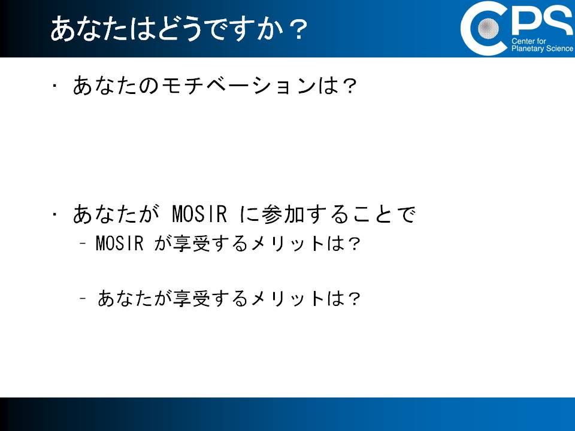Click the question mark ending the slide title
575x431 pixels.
coord(299,30)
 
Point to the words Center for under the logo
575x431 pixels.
coord(528,41)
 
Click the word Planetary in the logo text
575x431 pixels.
coord(528,48)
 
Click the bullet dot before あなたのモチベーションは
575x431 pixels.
coord(55,86)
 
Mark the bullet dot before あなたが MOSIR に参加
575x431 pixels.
coord(55,214)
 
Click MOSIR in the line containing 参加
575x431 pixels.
coord(199,214)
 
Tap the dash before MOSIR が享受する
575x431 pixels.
coord(83,243)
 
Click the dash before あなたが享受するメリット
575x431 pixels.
coord(83,298)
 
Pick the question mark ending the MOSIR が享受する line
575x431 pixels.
coord(354,244)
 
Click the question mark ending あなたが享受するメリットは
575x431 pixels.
coord(354,298)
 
